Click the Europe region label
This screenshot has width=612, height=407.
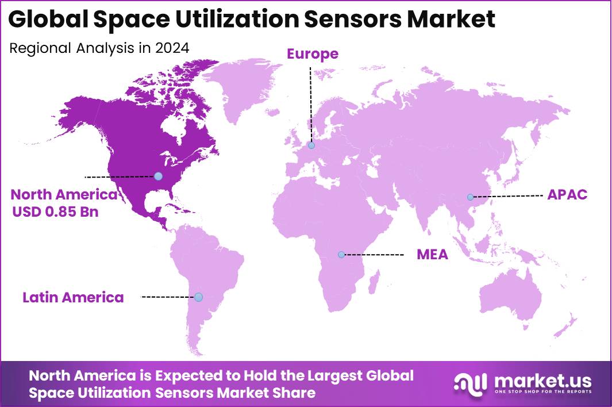click(313, 54)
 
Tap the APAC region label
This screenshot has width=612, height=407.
click(567, 194)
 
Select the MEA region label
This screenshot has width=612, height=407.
click(432, 254)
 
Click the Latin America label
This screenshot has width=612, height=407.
click(73, 297)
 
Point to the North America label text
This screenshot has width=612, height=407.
click(64, 194)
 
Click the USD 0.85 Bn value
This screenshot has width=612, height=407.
click(56, 212)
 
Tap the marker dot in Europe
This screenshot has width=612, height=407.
click(311, 145)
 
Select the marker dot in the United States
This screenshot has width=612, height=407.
click(158, 176)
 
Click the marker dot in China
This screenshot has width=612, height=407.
click(470, 197)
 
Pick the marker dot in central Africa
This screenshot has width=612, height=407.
click(341, 254)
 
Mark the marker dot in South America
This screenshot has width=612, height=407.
click(198, 297)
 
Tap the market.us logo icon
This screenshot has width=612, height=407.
click(470, 383)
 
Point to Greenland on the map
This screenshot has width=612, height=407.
click(241, 86)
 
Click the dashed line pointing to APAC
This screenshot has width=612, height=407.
click(509, 196)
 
